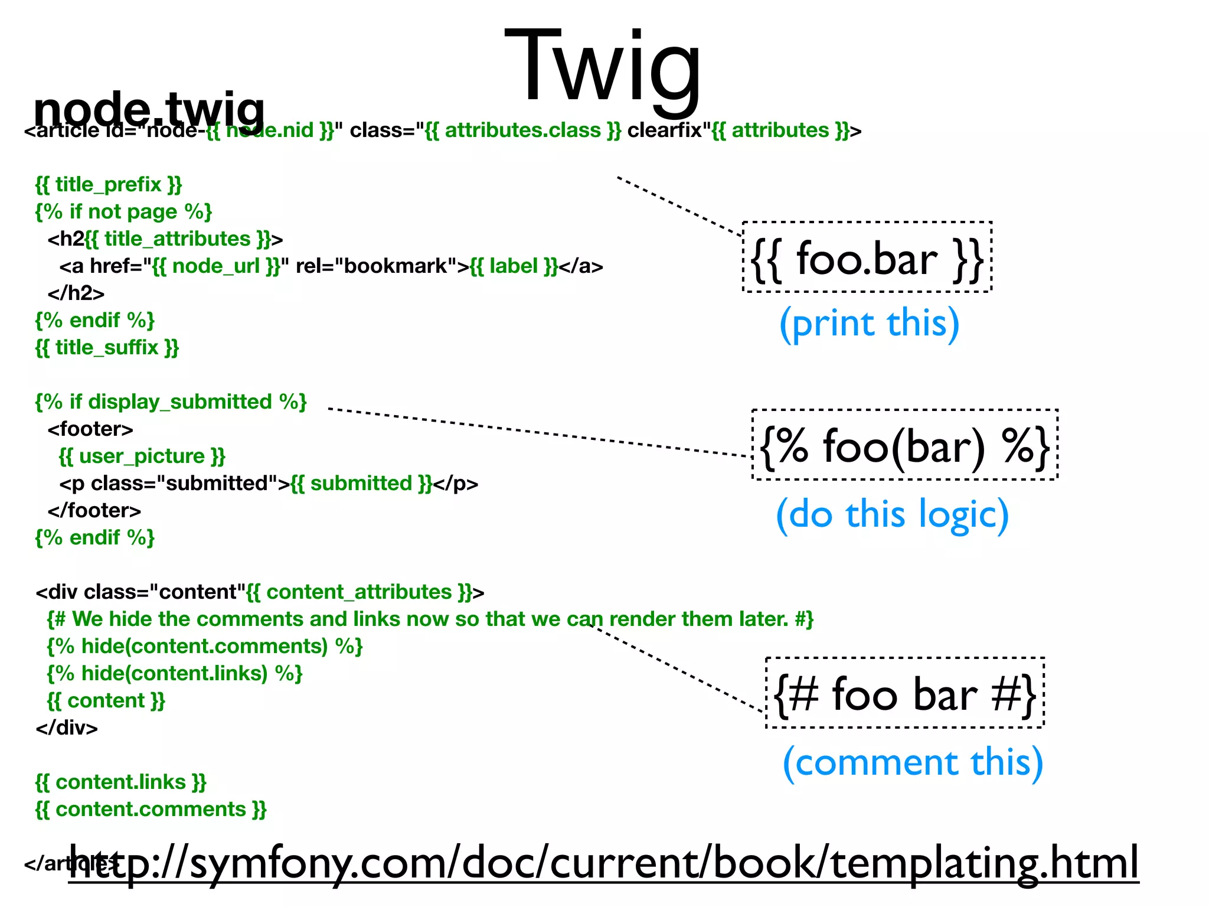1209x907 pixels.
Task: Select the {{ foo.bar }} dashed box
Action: pos(867,257)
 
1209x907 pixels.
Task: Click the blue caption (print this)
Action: pos(869,324)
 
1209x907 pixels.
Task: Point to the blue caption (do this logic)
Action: pos(892,514)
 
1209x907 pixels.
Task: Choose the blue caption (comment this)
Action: pos(913,762)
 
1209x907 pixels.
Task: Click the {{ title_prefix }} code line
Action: pos(109,185)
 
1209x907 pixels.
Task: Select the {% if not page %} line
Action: pos(123,212)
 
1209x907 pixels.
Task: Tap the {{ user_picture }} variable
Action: pos(142,456)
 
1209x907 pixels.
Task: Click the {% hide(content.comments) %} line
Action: pos(204,647)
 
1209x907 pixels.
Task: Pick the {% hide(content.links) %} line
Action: pos(174,674)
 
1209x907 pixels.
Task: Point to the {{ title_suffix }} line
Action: pos(107,348)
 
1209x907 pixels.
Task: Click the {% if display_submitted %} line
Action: pos(171,402)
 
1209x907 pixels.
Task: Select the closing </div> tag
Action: pos(67,728)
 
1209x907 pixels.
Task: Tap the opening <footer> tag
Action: pos(90,429)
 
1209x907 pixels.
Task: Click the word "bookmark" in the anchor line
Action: pos(395,266)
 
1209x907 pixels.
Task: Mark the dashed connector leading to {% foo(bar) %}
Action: pos(537,432)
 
